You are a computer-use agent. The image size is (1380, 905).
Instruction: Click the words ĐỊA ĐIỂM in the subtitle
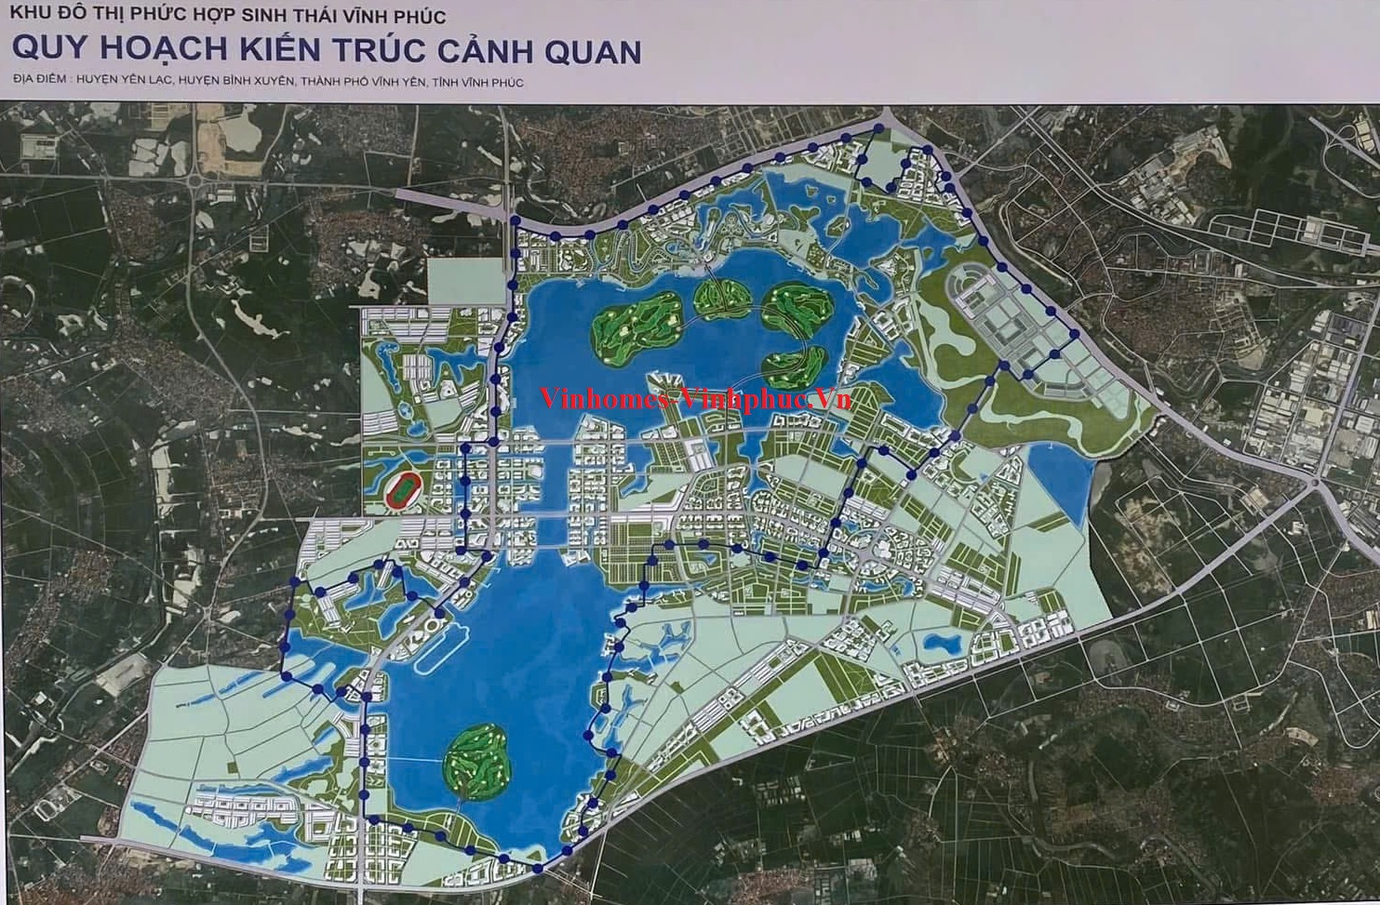pyautogui.click(x=38, y=83)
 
